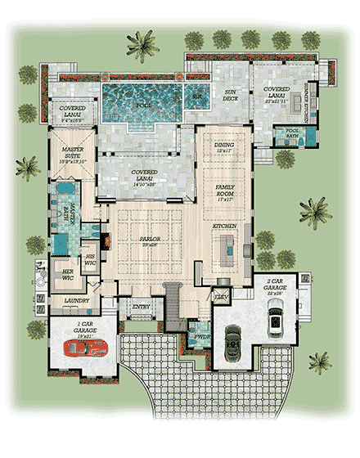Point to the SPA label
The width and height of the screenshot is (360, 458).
pyautogui.click(x=196, y=96)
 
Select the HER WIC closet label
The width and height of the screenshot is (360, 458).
pyautogui.click(x=68, y=276)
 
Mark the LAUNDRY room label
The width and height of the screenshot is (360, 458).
pyautogui.click(x=75, y=301)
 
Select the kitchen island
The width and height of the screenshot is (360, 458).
pyautogui.click(x=228, y=245)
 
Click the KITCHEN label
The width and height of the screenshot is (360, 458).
pyautogui.click(x=226, y=224)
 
